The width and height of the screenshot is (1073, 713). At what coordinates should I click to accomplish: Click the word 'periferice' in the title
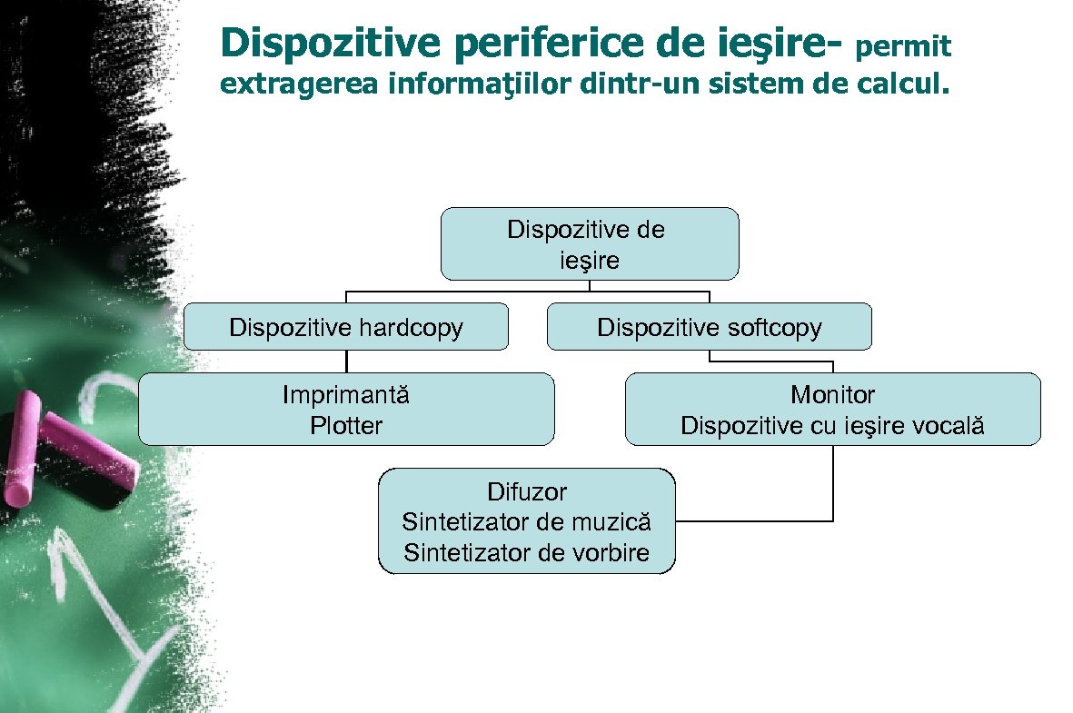click(510, 43)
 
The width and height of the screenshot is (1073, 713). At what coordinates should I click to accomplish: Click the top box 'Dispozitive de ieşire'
click(589, 243)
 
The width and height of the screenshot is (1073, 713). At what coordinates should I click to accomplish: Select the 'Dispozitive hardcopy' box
click(345, 327)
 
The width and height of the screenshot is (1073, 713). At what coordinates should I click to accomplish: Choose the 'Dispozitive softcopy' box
click(709, 327)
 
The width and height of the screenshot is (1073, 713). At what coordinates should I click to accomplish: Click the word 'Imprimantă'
click(346, 395)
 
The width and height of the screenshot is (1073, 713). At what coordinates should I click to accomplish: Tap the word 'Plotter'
click(346, 425)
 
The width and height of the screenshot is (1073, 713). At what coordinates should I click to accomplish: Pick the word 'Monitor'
click(832, 395)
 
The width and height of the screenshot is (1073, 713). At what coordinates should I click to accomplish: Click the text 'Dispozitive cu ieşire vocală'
click(832, 425)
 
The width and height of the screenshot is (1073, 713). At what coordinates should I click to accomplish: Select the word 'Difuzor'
click(527, 492)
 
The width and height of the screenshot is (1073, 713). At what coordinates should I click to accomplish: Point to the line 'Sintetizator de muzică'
click(527, 522)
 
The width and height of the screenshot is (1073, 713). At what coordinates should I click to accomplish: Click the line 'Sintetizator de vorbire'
click(527, 552)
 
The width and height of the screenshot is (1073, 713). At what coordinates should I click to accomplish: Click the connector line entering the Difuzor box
click(754, 521)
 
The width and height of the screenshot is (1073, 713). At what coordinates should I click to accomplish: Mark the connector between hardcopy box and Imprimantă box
click(346, 361)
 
